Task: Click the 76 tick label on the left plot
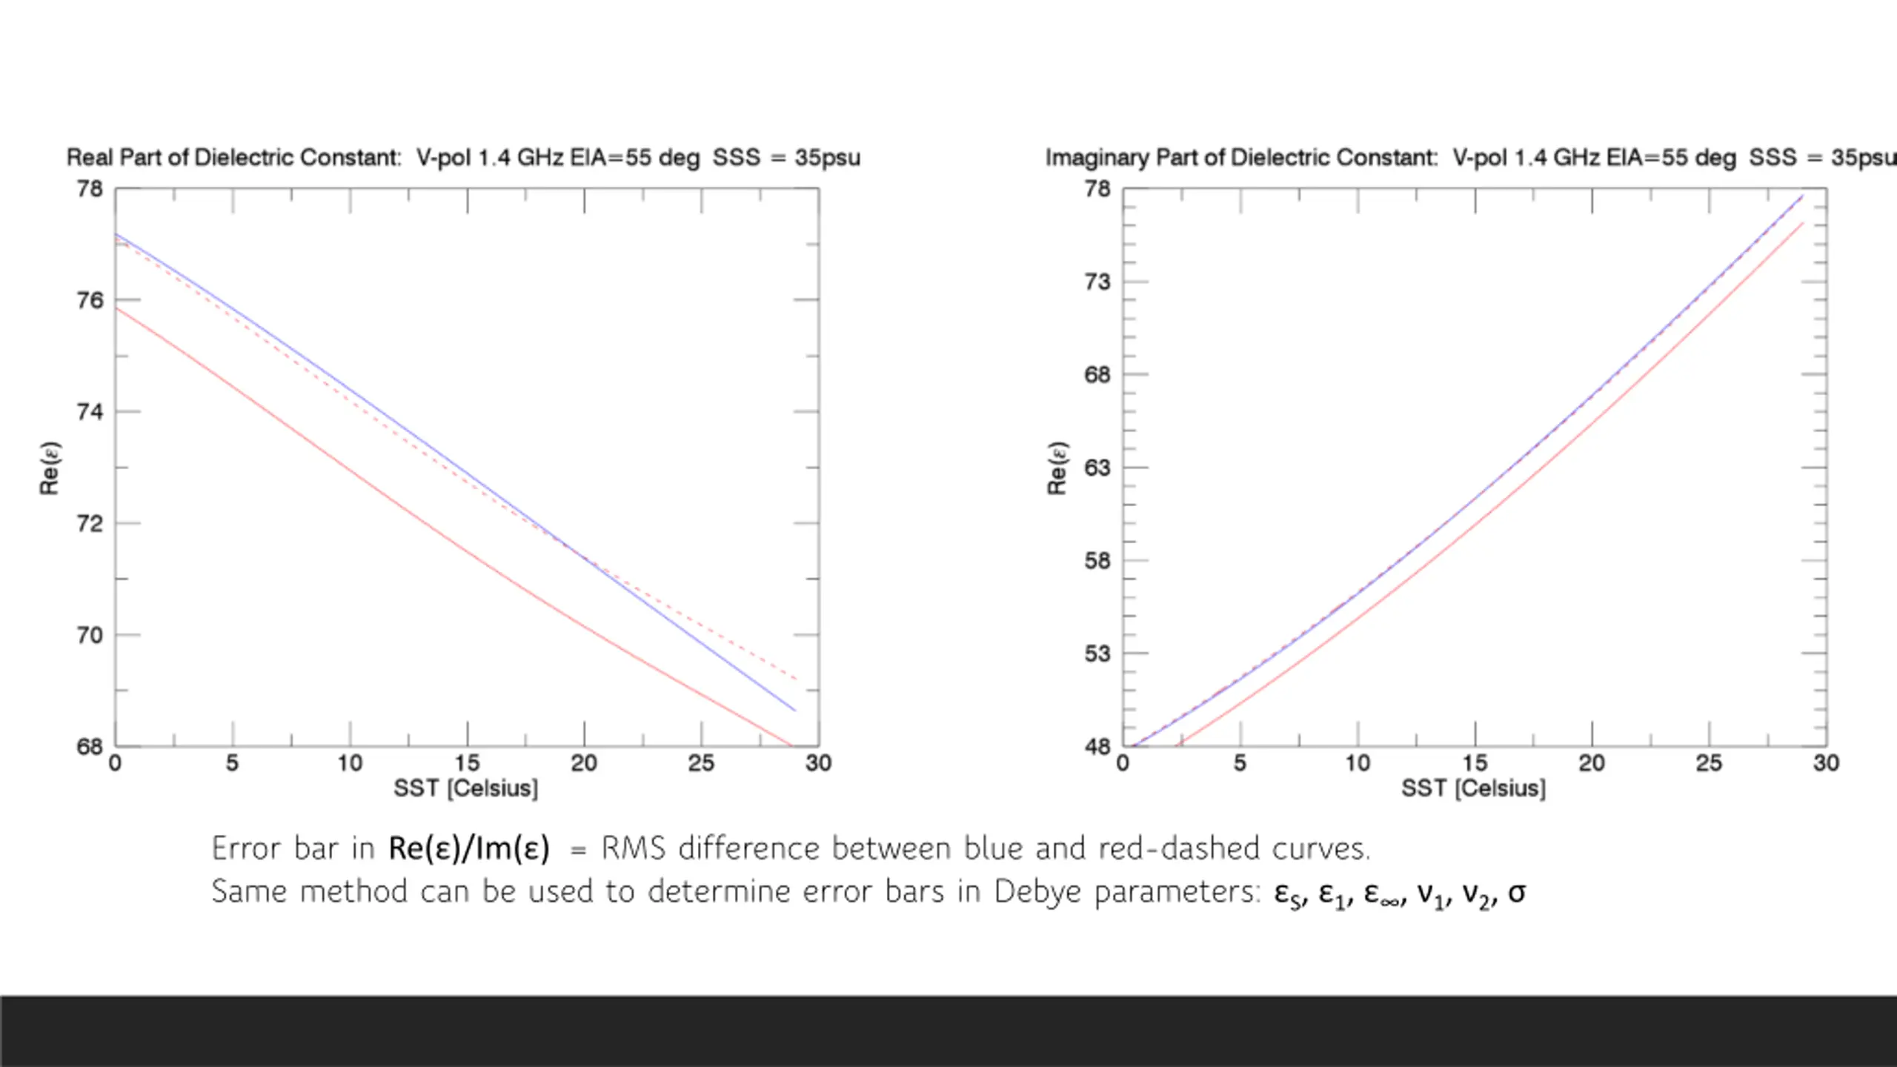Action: [x=90, y=300]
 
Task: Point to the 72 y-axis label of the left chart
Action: [x=90, y=524]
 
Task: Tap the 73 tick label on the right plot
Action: [x=1097, y=282]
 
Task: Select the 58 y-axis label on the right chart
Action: [x=1097, y=561]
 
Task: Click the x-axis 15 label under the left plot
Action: [x=467, y=763]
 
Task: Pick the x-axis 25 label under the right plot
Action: [x=1709, y=763]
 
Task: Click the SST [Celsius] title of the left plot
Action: [x=465, y=788]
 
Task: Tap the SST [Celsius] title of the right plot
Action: [x=1473, y=788]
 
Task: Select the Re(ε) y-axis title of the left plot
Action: [x=50, y=468]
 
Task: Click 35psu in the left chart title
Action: [x=827, y=158]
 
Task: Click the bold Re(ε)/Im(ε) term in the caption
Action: [x=469, y=849]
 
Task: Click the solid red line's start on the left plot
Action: [x=117, y=309]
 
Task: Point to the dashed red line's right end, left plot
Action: [x=796, y=679]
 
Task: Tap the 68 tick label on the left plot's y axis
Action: [x=90, y=747]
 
